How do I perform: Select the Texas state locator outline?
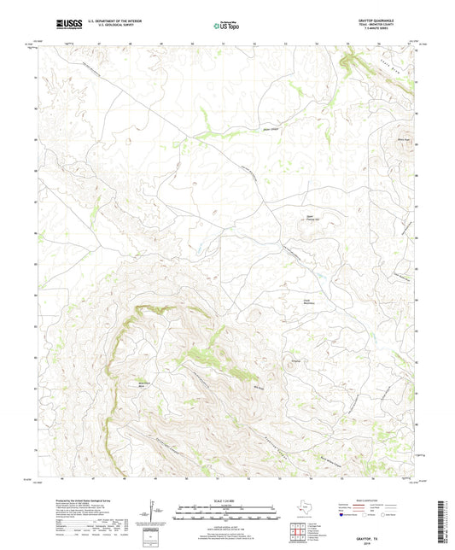tap(305, 512)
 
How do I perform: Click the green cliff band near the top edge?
tap(349, 61)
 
